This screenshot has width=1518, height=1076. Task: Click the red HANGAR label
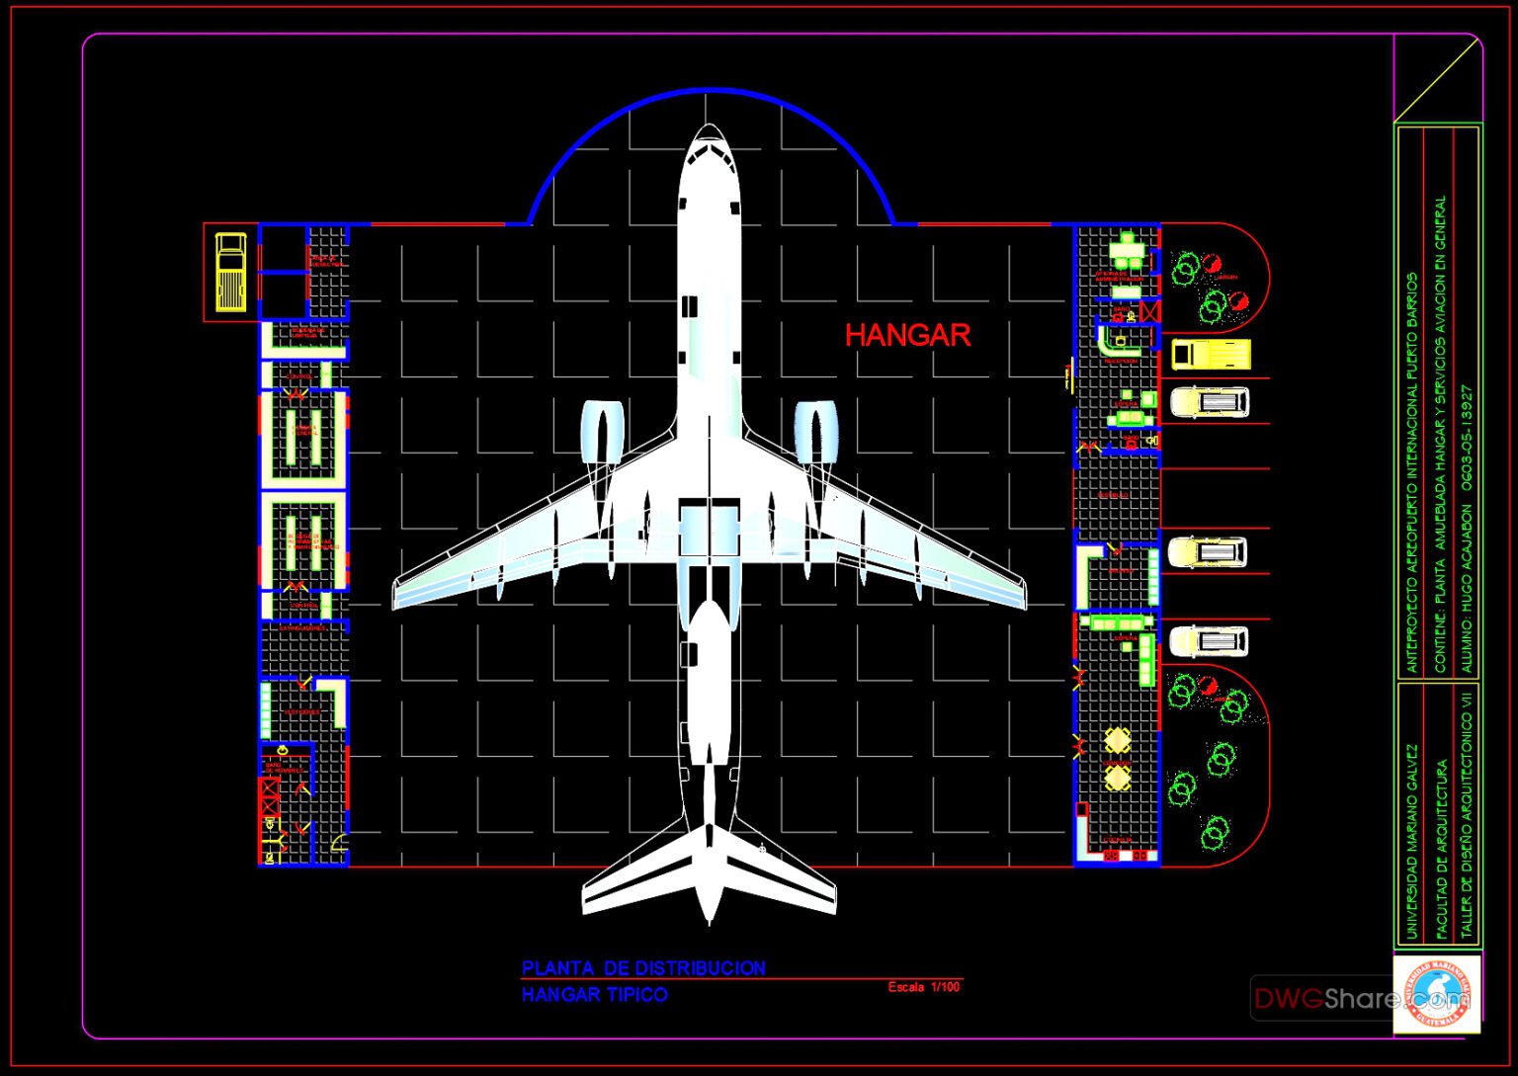pyautogui.click(x=907, y=336)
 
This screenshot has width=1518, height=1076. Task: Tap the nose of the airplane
pyautogui.click(x=709, y=129)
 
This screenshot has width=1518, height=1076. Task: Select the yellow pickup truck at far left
pyautogui.click(x=231, y=272)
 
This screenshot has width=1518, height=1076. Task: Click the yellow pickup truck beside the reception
pyautogui.click(x=1211, y=354)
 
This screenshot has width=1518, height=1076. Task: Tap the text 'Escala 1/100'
pyautogui.click(x=923, y=987)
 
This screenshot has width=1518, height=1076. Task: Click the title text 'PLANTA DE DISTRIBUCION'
pyautogui.click(x=643, y=968)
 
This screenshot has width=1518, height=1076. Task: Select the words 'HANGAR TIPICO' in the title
pyautogui.click(x=594, y=995)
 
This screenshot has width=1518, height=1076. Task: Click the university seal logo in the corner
pyautogui.click(x=1437, y=993)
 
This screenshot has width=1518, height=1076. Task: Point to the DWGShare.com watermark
pyautogui.click(x=1324, y=999)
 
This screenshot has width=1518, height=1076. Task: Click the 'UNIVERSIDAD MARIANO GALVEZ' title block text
pyautogui.click(x=1409, y=841)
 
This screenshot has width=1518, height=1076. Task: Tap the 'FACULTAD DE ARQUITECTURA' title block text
pyautogui.click(x=1440, y=849)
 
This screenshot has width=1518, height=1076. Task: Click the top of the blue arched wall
pyautogui.click(x=710, y=91)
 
